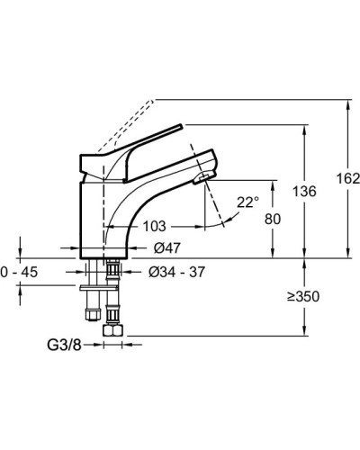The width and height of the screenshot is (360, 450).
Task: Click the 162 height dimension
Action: (348, 179)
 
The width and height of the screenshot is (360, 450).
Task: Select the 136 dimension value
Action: (304, 192)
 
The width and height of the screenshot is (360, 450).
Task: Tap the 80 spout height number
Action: (273, 219)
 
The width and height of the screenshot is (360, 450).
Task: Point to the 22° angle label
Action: (247, 202)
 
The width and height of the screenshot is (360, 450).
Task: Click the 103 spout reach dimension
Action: (154, 226)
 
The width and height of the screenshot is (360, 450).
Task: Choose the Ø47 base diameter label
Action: (167, 248)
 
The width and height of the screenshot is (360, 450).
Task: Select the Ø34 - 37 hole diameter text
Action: (176, 272)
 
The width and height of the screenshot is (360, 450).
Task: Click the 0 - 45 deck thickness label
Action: (19, 272)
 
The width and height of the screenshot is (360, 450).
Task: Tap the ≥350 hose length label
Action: (303, 296)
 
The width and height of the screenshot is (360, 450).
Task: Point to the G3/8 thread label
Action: (64, 345)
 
